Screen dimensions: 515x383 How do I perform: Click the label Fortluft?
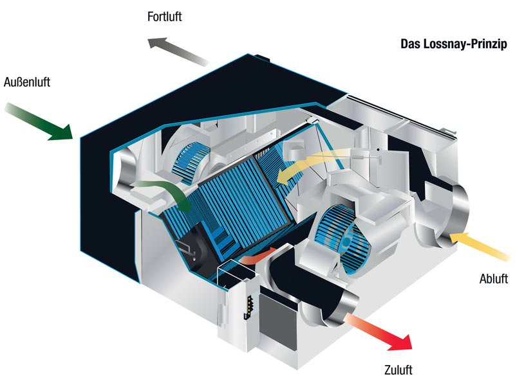click(x=165, y=17)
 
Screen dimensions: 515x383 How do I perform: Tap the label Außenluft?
click(x=27, y=82)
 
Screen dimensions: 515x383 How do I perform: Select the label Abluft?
click(x=494, y=279)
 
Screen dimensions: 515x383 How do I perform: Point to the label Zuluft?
click(x=398, y=370)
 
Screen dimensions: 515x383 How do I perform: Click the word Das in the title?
click(x=411, y=44)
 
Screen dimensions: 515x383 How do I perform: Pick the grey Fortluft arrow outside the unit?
click(x=178, y=51)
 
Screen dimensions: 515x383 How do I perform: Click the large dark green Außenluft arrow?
click(x=39, y=122)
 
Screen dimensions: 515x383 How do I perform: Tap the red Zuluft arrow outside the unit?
click(x=379, y=332)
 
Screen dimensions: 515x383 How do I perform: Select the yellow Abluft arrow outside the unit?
click(x=479, y=245)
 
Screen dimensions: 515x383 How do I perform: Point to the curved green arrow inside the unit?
click(x=164, y=193)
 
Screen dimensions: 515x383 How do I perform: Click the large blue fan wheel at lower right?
click(x=342, y=238)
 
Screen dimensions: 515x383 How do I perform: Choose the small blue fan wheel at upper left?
click(x=191, y=163)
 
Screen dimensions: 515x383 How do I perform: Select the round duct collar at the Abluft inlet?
click(x=458, y=213)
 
